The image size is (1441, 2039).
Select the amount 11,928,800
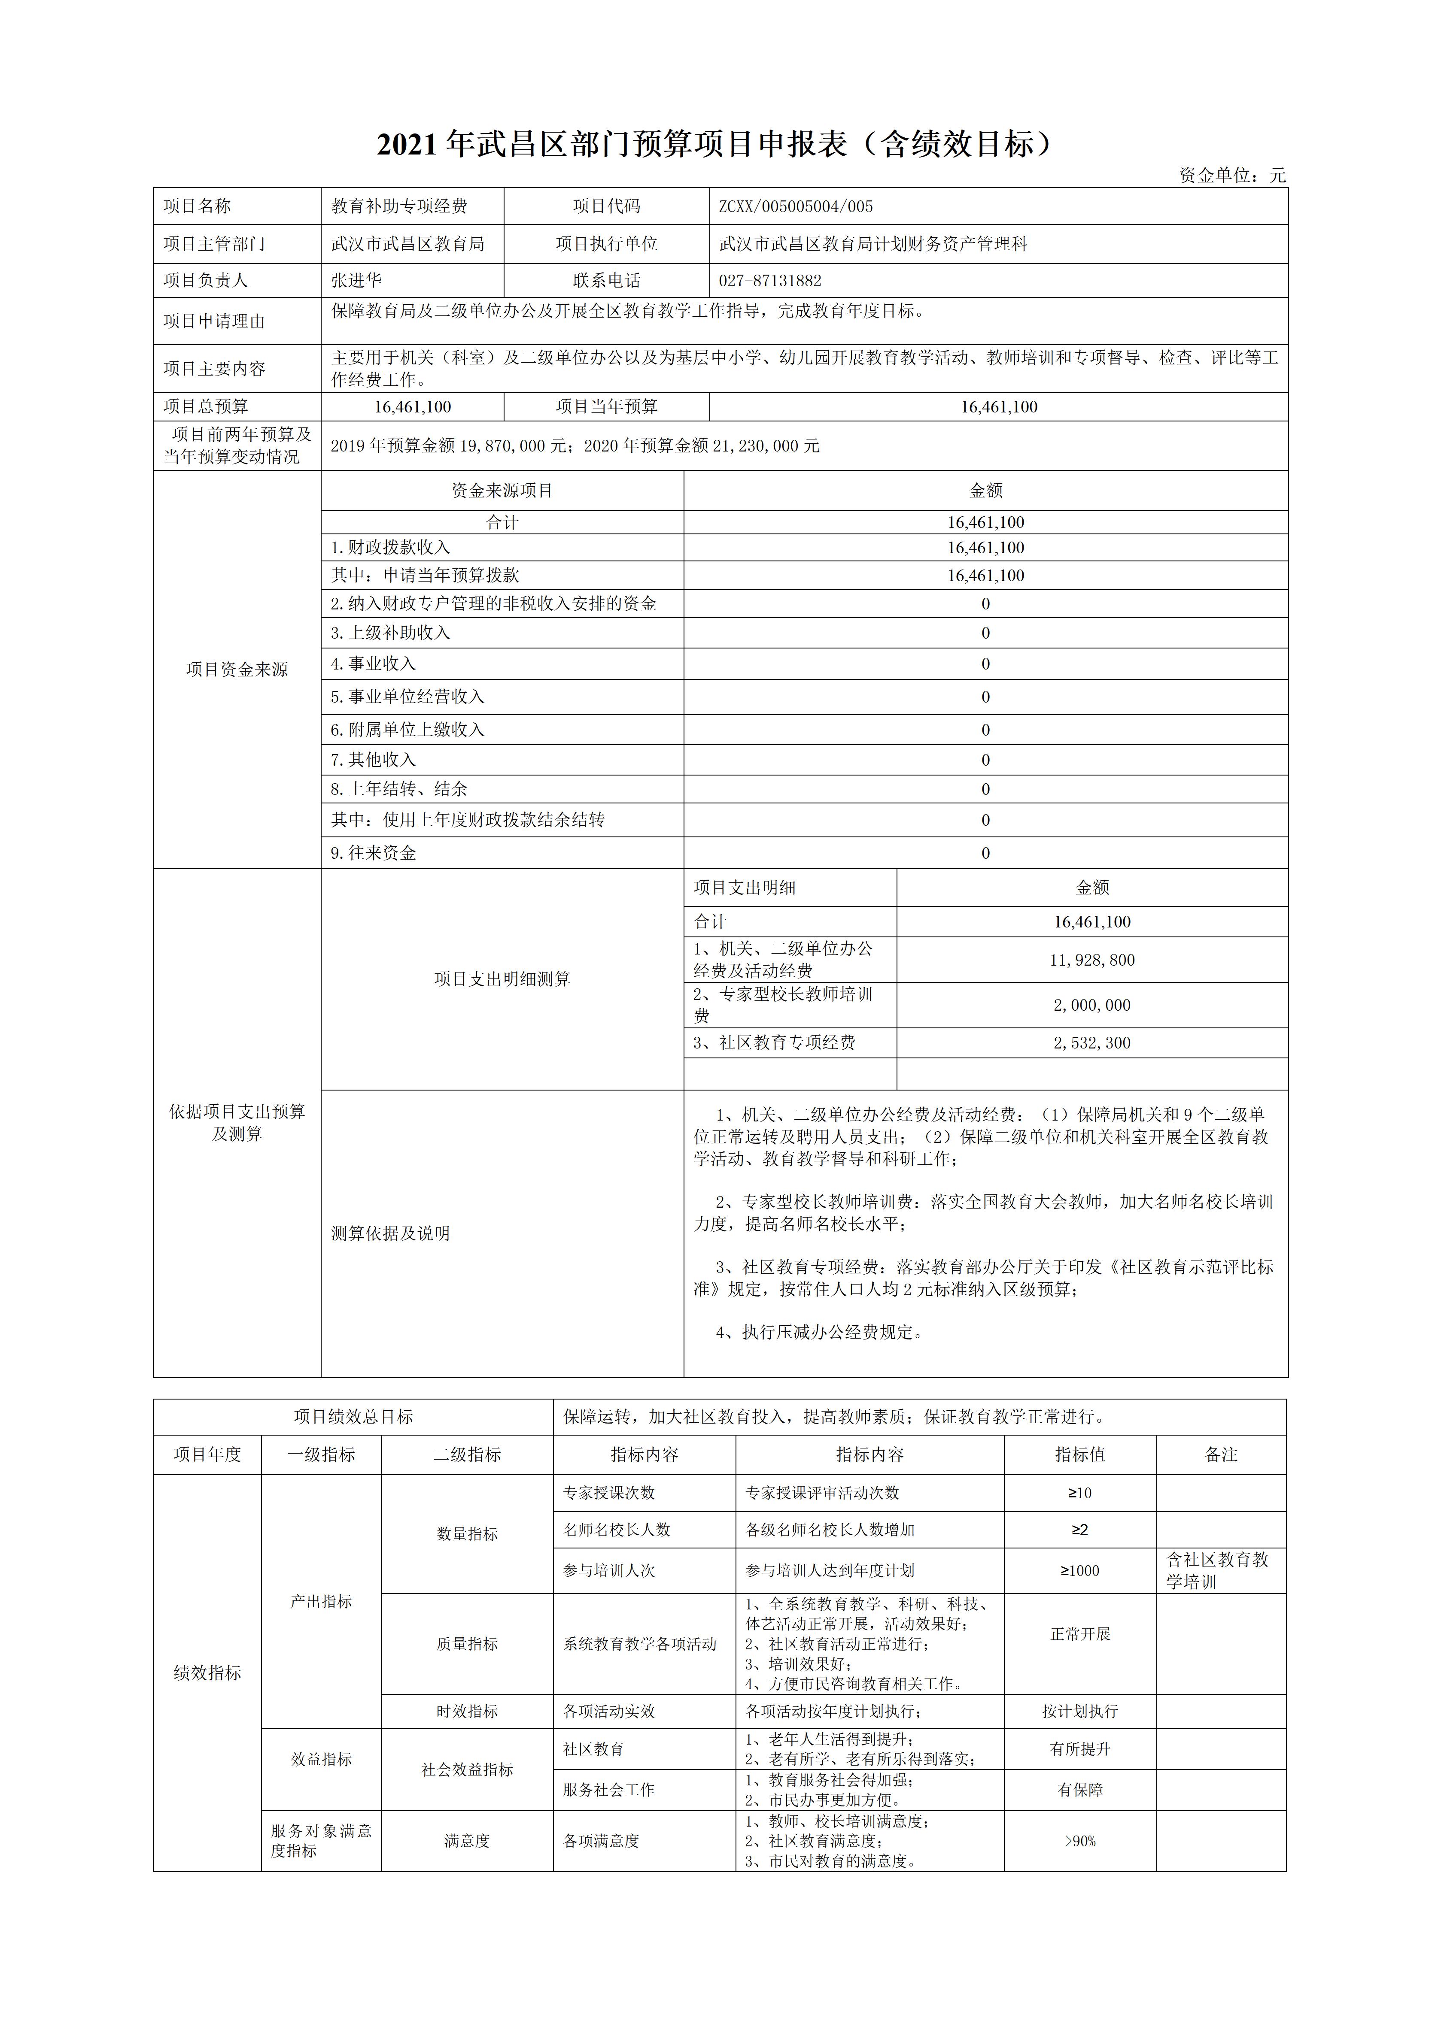(1092, 960)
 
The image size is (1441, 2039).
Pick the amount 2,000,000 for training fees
(1092, 1005)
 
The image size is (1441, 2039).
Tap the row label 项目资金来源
(237, 670)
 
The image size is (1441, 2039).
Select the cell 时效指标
(467, 1711)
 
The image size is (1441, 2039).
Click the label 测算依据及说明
(391, 1233)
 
